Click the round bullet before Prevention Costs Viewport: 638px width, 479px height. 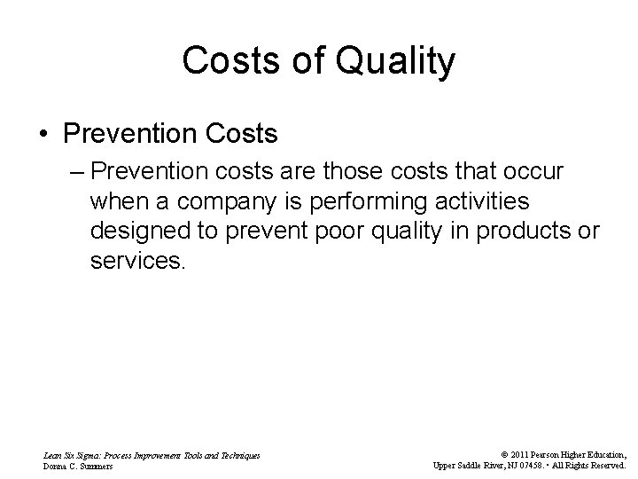[x=43, y=135]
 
